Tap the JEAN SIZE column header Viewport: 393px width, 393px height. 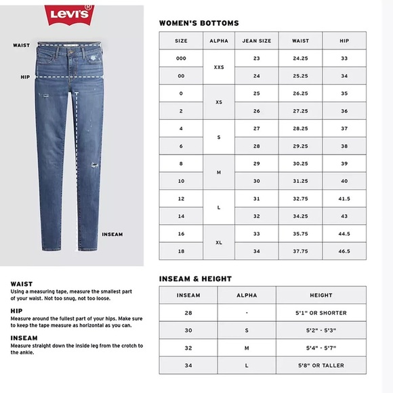coord(257,41)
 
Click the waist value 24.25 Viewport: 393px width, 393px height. coord(300,58)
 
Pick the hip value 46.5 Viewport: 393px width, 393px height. coord(344,251)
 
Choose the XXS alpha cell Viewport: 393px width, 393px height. coord(219,67)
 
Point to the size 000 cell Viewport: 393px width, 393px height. coord(181,58)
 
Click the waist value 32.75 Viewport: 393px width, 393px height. coord(300,199)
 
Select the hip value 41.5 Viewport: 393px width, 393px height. coord(344,199)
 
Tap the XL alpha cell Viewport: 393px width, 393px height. coord(219,242)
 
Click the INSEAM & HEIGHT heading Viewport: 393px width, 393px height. coord(195,278)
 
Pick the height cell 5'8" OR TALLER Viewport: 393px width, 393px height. coord(321,366)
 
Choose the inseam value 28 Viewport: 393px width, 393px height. coord(188,313)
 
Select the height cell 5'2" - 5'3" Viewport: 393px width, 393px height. coord(321,331)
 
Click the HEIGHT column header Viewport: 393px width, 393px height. coord(321,295)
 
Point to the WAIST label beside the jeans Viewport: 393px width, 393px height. coord(20,45)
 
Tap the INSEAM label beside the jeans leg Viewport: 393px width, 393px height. coord(112,234)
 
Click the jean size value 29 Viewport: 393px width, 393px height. coord(257,163)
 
